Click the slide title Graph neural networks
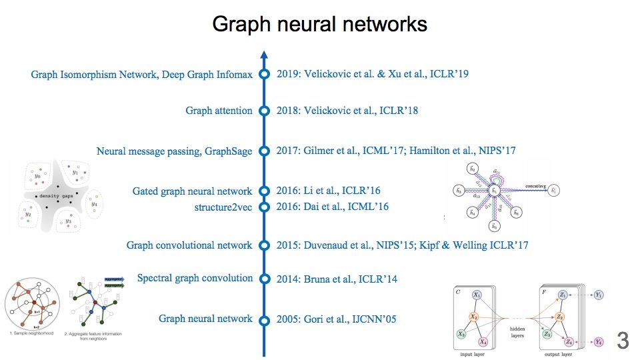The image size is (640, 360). [x=319, y=25]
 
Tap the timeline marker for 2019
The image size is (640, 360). [x=264, y=74]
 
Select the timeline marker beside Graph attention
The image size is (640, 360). [x=264, y=111]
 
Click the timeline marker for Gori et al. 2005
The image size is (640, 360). [x=264, y=319]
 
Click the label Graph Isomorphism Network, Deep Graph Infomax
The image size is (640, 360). [x=141, y=75]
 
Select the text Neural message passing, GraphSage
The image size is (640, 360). [x=174, y=151]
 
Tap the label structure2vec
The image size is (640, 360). [x=223, y=207]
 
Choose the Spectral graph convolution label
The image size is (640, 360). [x=195, y=278]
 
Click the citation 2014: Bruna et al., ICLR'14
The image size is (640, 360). [x=337, y=279]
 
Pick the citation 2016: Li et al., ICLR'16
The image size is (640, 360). [x=329, y=191]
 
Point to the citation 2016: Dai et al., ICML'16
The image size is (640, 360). [x=333, y=207]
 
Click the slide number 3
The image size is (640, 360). [x=623, y=341]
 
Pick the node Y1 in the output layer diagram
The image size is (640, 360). [x=599, y=295]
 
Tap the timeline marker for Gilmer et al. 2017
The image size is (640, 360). [x=264, y=151]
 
